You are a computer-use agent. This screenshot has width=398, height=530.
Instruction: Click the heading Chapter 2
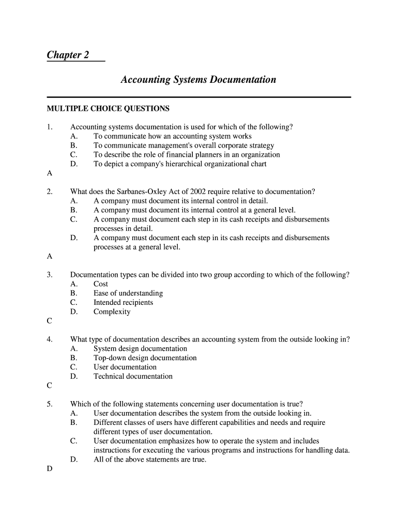(65, 55)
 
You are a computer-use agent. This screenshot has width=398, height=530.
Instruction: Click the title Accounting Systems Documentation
(198, 80)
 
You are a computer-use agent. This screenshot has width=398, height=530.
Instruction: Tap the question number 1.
(50, 127)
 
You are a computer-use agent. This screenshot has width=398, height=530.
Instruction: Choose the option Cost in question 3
(101, 284)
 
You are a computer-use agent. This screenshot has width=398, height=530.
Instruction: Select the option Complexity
(112, 312)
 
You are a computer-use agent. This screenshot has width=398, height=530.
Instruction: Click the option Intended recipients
(123, 303)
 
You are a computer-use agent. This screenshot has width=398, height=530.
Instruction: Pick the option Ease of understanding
(128, 293)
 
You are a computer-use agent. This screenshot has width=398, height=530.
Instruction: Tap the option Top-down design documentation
(145, 358)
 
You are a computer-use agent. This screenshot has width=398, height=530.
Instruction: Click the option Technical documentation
(133, 377)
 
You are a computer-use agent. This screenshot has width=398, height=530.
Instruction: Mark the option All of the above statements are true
(149, 460)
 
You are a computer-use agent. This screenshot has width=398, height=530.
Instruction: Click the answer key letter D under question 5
(50, 469)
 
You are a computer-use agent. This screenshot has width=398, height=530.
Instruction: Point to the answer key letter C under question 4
(50, 386)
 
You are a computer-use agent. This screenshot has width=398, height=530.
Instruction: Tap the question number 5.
(50, 404)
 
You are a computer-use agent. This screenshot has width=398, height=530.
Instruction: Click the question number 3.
(50, 275)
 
